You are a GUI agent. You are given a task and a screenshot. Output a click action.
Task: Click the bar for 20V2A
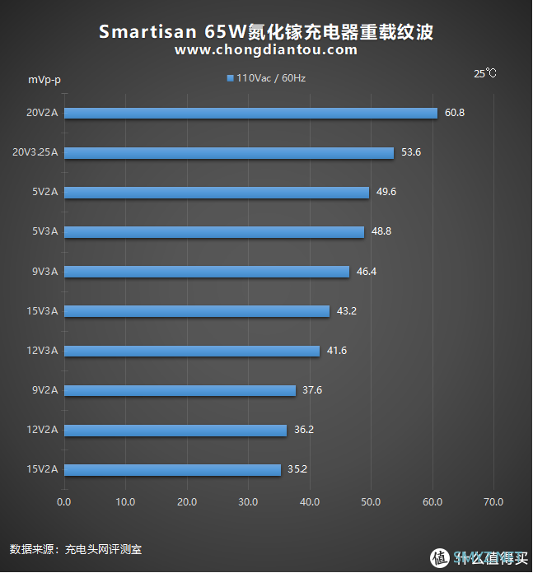pyautogui.click(x=250, y=113)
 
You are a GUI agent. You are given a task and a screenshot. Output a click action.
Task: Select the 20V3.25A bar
pyautogui.click(x=228, y=152)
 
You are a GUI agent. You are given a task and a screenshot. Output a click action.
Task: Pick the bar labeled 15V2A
pyautogui.click(x=172, y=469)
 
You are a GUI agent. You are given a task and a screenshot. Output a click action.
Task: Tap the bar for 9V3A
pyautogui.click(x=206, y=272)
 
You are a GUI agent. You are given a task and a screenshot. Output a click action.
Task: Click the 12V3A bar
pyautogui.click(x=191, y=351)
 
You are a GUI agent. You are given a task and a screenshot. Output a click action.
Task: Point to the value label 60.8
pyautogui.click(x=454, y=113)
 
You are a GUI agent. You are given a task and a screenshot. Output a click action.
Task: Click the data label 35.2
pyautogui.click(x=297, y=469)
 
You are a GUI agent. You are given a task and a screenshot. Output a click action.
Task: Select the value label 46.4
pyautogui.click(x=366, y=272)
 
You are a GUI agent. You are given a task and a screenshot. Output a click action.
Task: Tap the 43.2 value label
pyautogui.click(x=346, y=311)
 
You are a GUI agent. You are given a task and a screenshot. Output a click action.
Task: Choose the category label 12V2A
pyautogui.click(x=42, y=430)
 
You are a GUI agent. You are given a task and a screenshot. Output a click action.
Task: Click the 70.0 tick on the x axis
pyautogui.click(x=493, y=501)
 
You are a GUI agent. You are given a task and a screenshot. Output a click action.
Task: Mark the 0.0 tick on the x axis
pyautogui.click(x=63, y=501)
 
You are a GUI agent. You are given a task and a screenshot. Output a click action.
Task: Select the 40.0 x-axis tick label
pyautogui.click(x=309, y=501)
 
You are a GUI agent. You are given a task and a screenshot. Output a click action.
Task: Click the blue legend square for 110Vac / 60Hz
pyautogui.click(x=230, y=79)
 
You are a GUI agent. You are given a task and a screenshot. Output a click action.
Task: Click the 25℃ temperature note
pyautogui.click(x=485, y=73)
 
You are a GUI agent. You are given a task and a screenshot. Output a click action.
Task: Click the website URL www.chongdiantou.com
pyautogui.click(x=266, y=50)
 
